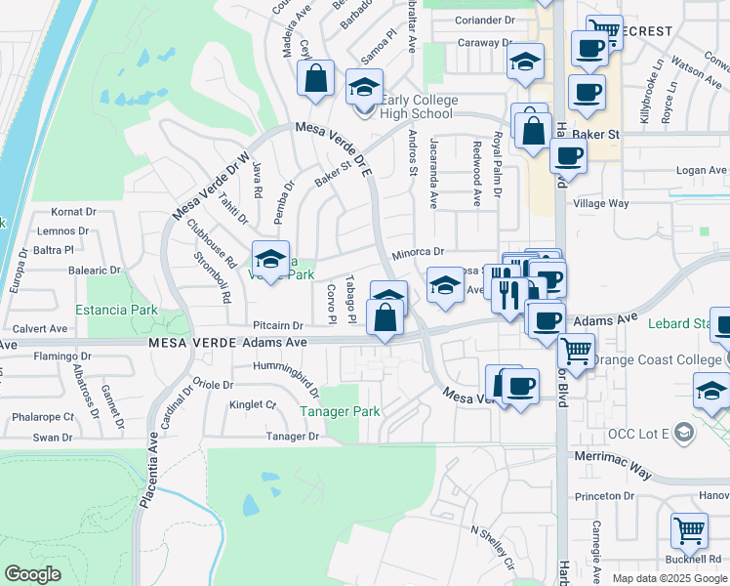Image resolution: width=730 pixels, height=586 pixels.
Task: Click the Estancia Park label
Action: tap(116, 310)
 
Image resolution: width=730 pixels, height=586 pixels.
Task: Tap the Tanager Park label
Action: tap(340, 412)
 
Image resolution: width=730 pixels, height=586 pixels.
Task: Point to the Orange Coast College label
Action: tap(657, 359)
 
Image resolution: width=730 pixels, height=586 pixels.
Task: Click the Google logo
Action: tap(32, 573)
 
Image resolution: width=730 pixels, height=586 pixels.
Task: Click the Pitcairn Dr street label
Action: tap(278, 324)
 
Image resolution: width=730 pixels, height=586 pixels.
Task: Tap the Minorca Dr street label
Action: tap(418, 252)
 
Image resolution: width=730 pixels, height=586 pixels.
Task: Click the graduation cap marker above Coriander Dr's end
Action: tap(525, 63)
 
